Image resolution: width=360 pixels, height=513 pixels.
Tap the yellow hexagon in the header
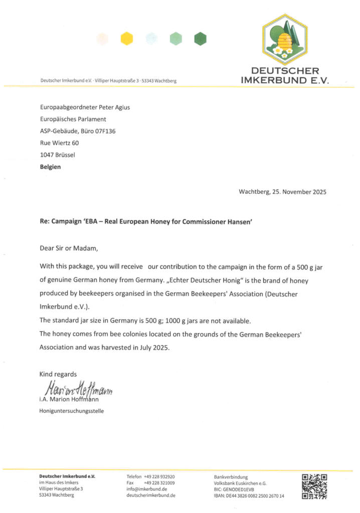pos(127,38)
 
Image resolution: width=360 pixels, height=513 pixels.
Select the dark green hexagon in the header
pos(201,38)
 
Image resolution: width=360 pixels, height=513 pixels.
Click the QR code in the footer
pos(314,486)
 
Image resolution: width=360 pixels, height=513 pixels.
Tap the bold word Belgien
pos(50,167)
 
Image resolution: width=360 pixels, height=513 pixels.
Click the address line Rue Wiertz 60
pos(59,143)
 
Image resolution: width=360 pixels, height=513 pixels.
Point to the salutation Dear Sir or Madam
pos(66,247)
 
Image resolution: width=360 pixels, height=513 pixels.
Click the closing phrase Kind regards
pos(58,374)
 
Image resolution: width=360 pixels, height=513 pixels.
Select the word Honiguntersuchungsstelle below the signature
pos(72,411)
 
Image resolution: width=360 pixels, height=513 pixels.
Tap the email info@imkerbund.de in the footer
pos(147,488)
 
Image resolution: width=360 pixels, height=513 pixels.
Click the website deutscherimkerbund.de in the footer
pos(151,495)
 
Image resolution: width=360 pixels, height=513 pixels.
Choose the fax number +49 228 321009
pos(159,482)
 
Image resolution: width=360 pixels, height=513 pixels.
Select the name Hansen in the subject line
pos(239,220)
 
